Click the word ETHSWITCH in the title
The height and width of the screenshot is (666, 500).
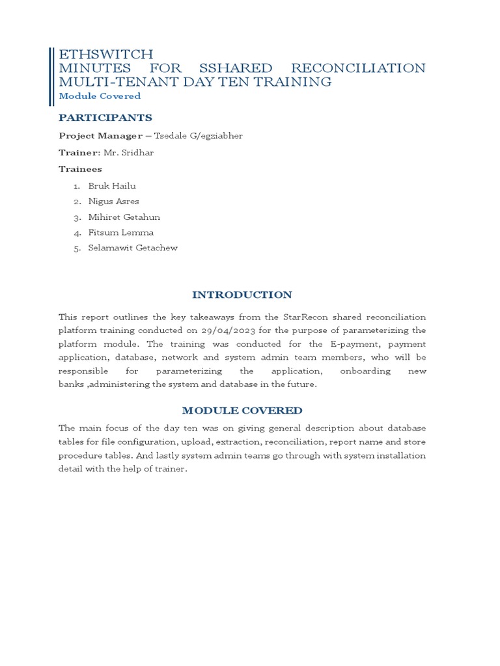(106, 54)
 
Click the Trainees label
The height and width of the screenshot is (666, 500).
(80, 169)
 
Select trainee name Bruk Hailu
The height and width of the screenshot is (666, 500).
(112, 186)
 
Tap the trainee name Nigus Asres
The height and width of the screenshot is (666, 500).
(113, 202)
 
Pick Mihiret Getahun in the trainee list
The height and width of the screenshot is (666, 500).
(124, 217)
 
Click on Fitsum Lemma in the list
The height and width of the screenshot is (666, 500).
(121, 233)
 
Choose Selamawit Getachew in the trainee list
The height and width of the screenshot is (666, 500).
(133, 248)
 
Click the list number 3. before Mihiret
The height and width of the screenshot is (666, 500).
(77, 217)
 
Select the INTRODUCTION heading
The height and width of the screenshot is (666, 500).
(242, 295)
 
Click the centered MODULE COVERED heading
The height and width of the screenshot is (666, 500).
(242, 410)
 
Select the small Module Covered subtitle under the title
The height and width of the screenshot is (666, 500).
(100, 96)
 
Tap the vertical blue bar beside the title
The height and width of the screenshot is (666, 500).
(51, 76)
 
